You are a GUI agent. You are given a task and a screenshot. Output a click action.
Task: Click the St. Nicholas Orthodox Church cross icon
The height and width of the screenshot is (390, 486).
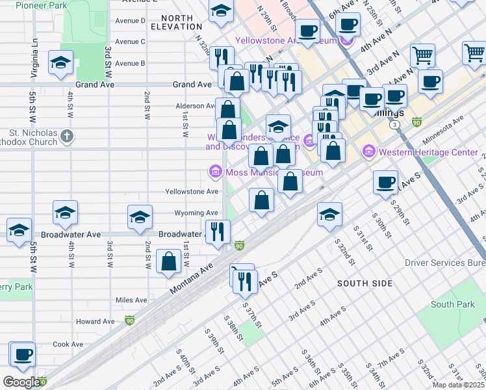tap(66, 136)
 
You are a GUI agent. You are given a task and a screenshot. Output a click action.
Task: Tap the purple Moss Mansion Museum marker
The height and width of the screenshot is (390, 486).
tap(214, 172)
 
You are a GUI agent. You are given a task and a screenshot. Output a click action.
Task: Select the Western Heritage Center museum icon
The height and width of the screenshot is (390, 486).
tap(370, 152)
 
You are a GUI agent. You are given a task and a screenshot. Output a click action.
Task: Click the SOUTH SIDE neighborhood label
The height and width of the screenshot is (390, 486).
tap(364, 283)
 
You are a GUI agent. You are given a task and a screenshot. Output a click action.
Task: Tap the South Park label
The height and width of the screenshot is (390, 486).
tap(452, 304)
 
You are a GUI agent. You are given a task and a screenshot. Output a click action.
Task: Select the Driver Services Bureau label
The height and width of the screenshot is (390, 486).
tap(444, 263)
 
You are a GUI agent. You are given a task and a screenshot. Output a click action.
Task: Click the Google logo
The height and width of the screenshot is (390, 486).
tap(21, 382)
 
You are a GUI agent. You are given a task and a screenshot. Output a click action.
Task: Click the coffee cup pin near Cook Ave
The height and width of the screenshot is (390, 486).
tap(23, 354)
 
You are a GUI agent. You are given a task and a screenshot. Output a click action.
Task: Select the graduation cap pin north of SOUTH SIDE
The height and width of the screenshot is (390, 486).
tap(329, 213)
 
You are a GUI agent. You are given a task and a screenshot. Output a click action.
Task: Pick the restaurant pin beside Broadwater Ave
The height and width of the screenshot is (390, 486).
tap(218, 231)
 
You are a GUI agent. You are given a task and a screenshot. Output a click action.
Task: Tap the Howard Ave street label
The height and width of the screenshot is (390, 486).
tap(96, 322)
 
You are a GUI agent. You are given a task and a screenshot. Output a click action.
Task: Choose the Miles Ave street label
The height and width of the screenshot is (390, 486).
tap(131, 300)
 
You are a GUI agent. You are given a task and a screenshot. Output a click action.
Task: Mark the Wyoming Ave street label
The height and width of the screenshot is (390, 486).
tap(196, 213)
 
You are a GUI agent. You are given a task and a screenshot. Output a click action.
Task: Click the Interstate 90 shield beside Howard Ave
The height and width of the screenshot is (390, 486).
tap(130, 320)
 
